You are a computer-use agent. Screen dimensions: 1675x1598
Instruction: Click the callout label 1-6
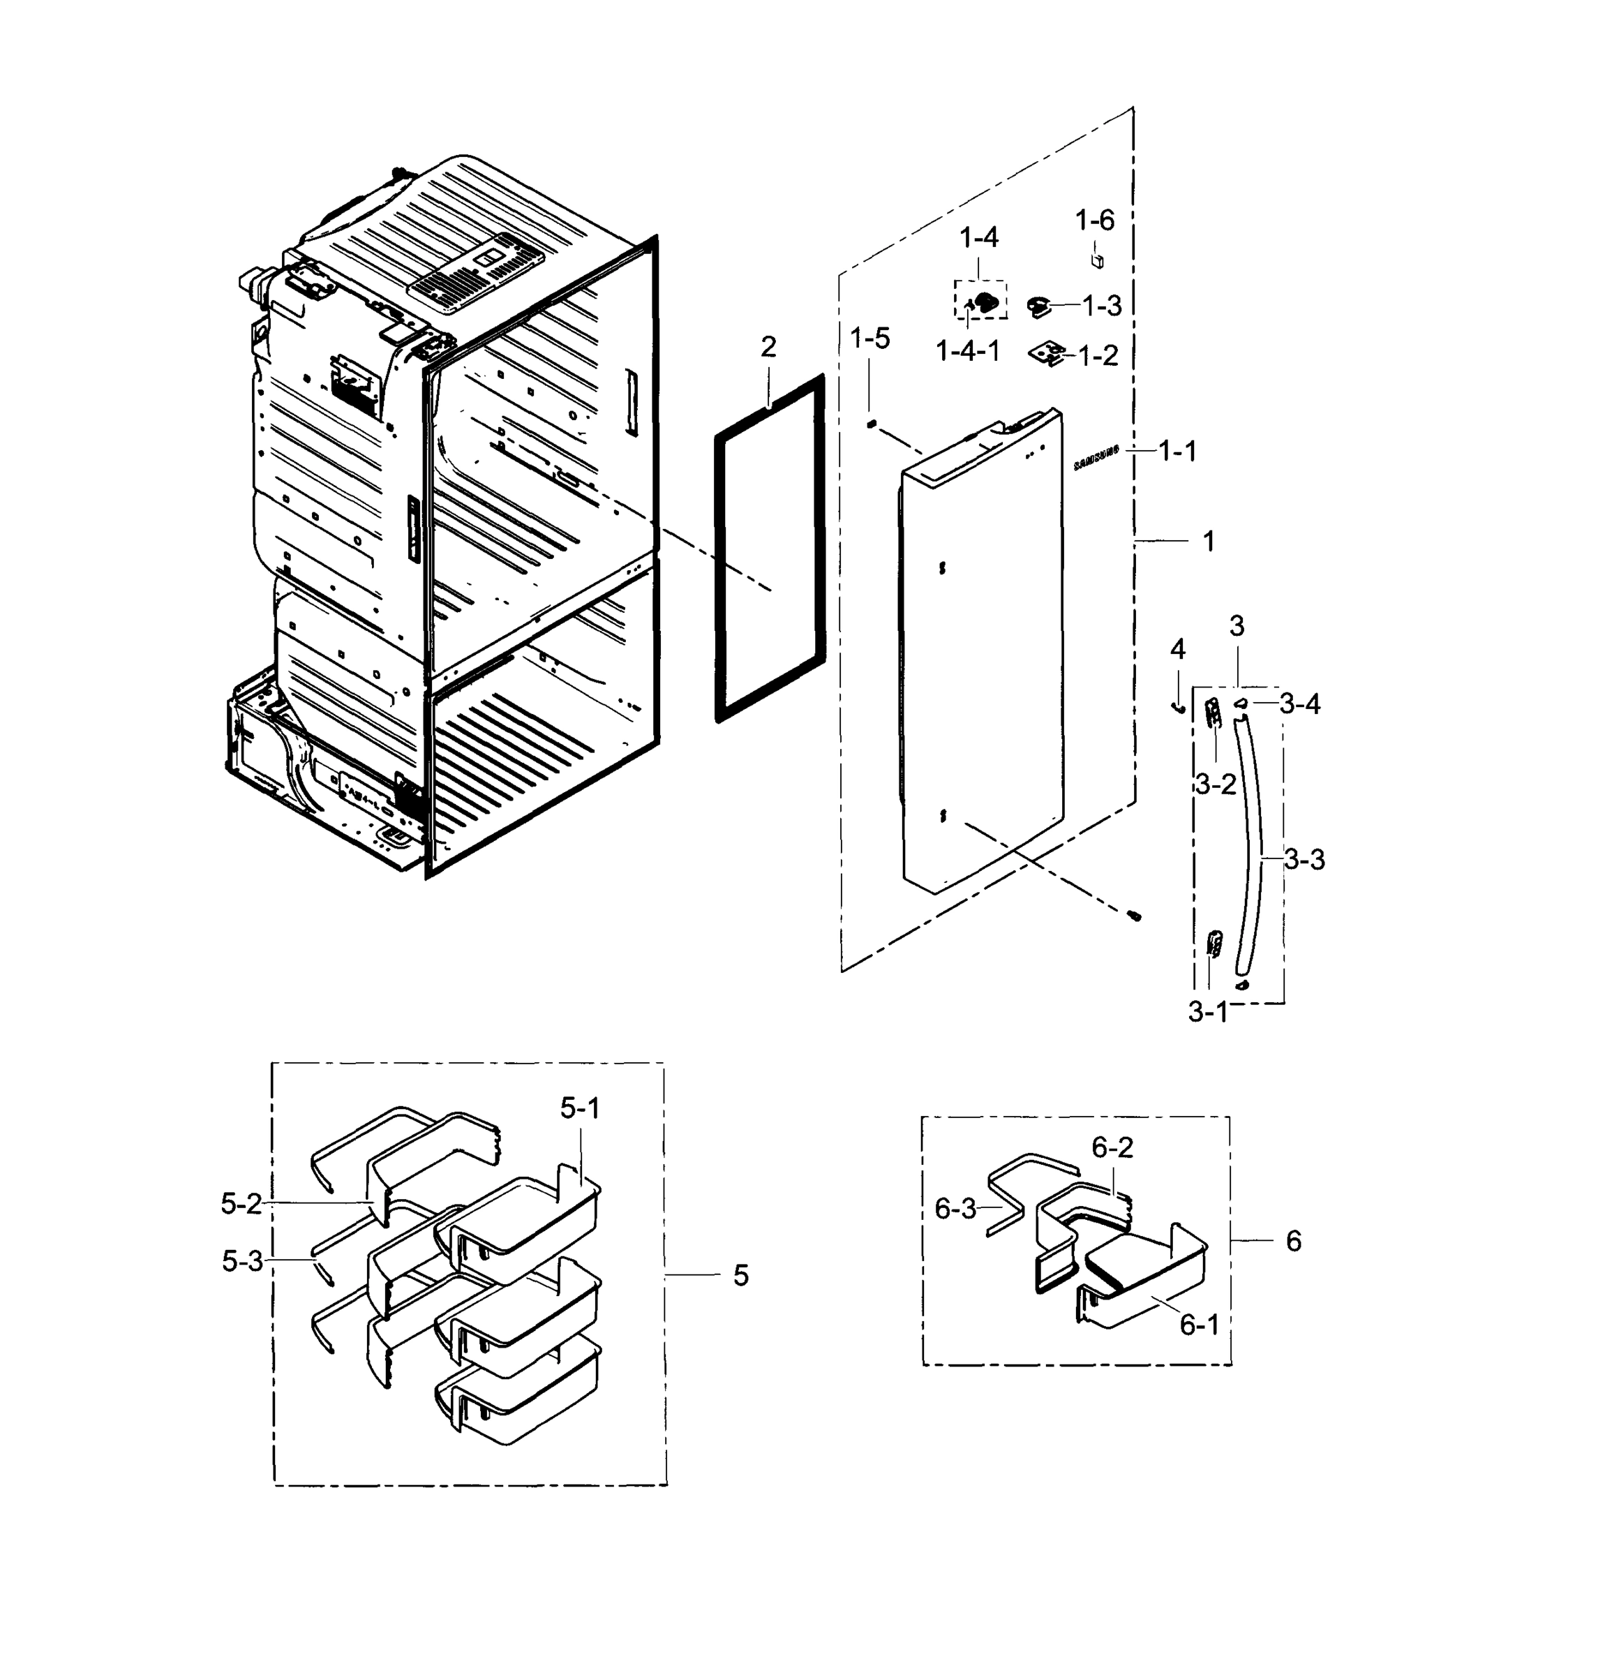click(1095, 221)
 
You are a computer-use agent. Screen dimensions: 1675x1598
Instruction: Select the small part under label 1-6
click(1098, 259)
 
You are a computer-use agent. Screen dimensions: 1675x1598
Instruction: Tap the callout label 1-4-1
click(968, 350)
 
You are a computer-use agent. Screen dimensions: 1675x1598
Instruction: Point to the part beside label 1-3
click(1039, 306)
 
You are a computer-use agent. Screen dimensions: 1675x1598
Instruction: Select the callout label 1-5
click(869, 338)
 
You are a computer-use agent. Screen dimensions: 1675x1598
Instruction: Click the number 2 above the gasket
click(768, 347)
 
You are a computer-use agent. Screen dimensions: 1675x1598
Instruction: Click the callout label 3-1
click(1208, 1012)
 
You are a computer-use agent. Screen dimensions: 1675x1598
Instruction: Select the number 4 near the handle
click(1177, 650)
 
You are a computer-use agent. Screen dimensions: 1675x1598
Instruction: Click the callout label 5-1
click(580, 1108)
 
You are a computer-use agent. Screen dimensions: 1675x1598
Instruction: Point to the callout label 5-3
click(243, 1261)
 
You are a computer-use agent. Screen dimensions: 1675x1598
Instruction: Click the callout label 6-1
click(1200, 1324)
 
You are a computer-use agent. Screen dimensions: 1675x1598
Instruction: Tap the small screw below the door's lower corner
click(1134, 916)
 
